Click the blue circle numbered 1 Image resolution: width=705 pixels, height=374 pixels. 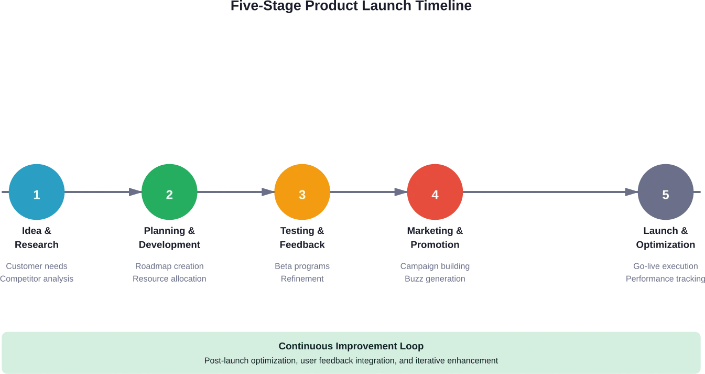tap(37, 193)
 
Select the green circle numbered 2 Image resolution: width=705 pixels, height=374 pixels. tap(169, 193)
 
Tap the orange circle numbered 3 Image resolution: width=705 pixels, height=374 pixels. tap(302, 193)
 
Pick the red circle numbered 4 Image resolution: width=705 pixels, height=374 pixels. tap(435, 193)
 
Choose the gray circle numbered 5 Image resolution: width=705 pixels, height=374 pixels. tap(666, 193)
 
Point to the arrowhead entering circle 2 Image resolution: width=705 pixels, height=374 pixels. tap(132, 191)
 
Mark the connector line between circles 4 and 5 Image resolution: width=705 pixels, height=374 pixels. tap(545, 191)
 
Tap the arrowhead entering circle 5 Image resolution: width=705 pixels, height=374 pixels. tap(628, 191)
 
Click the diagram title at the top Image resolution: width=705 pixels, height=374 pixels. tap(352, 6)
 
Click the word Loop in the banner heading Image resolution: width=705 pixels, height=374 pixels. tap(413, 346)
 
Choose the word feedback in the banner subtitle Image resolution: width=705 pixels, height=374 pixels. tap(343, 361)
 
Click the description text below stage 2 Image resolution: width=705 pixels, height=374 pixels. tap(169, 274)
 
